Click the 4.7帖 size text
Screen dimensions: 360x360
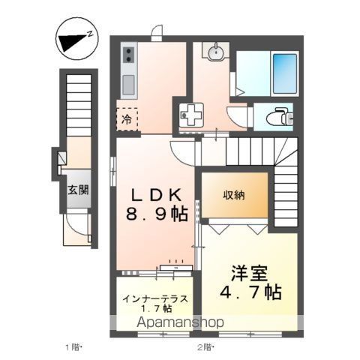coord(251,292)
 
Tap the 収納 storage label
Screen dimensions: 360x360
coord(233,194)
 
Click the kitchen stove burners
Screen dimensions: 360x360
coord(127,54)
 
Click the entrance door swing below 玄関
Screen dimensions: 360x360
coord(75,223)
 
